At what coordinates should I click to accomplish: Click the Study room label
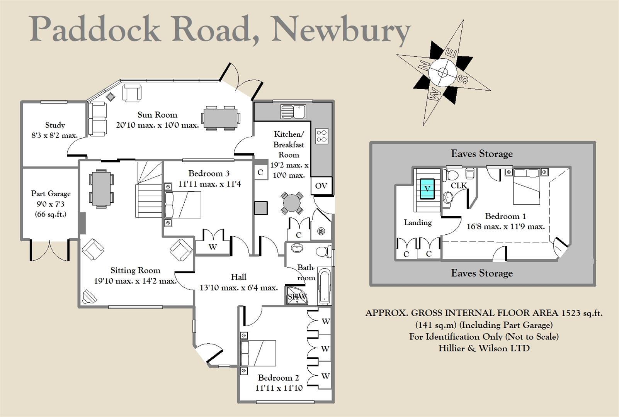[55, 125]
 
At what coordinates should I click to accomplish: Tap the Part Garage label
[51, 193]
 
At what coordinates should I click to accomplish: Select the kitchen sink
[293, 111]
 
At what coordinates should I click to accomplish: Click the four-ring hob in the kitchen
[322, 136]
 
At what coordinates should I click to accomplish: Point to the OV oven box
[321, 186]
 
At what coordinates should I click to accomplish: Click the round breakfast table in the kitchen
[292, 203]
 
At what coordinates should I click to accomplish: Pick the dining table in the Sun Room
[220, 117]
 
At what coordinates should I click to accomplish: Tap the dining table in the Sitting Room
[102, 188]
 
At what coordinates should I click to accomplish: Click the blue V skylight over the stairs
[427, 189]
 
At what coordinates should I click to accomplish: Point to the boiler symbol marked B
[321, 232]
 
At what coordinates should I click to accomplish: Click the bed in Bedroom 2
[258, 353]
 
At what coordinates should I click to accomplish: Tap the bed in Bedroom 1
[526, 186]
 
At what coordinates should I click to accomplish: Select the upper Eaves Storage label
[481, 154]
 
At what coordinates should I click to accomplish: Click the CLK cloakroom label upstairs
[459, 185]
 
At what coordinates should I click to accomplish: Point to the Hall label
[238, 277]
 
